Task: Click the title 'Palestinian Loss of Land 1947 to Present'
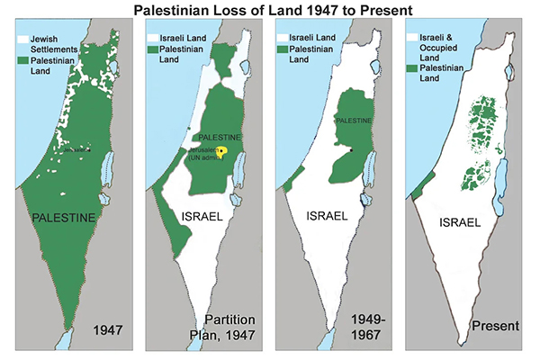[270, 12]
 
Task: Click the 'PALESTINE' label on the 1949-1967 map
[354, 119]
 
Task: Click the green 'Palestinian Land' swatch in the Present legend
[412, 68]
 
